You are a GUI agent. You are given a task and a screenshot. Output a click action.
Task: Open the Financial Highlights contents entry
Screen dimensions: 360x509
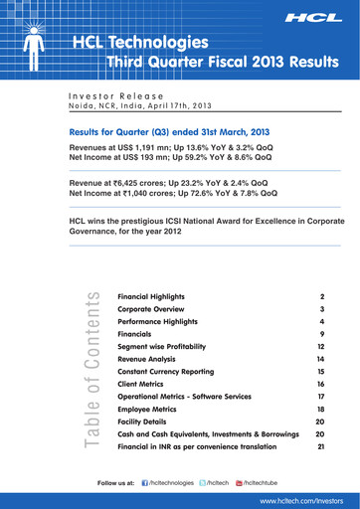152,297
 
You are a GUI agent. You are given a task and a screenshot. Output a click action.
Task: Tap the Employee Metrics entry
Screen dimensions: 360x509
147,408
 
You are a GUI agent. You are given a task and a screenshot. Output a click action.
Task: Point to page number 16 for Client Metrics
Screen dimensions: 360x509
320,383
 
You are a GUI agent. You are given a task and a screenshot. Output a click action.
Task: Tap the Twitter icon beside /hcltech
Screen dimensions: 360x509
205,482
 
